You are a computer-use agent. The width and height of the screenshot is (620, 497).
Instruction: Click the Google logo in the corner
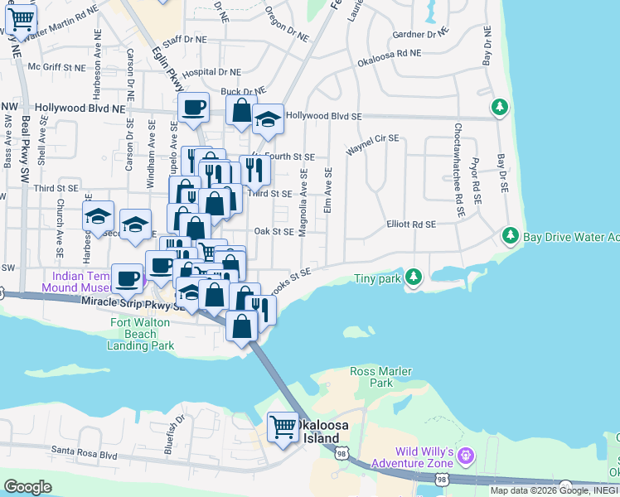pos(27,487)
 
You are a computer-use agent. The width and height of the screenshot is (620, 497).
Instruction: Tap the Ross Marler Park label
pos(381,377)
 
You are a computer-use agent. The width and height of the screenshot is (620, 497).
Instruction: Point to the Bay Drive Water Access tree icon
pos(509,238)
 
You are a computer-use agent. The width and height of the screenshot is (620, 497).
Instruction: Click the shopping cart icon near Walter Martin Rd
pos(21,17)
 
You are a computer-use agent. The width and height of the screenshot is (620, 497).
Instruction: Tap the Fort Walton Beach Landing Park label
pos(140,333)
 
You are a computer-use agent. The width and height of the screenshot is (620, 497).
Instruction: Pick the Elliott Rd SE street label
pos(411,224)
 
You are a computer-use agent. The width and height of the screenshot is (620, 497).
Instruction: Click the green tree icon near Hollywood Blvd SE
pos(499,107)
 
